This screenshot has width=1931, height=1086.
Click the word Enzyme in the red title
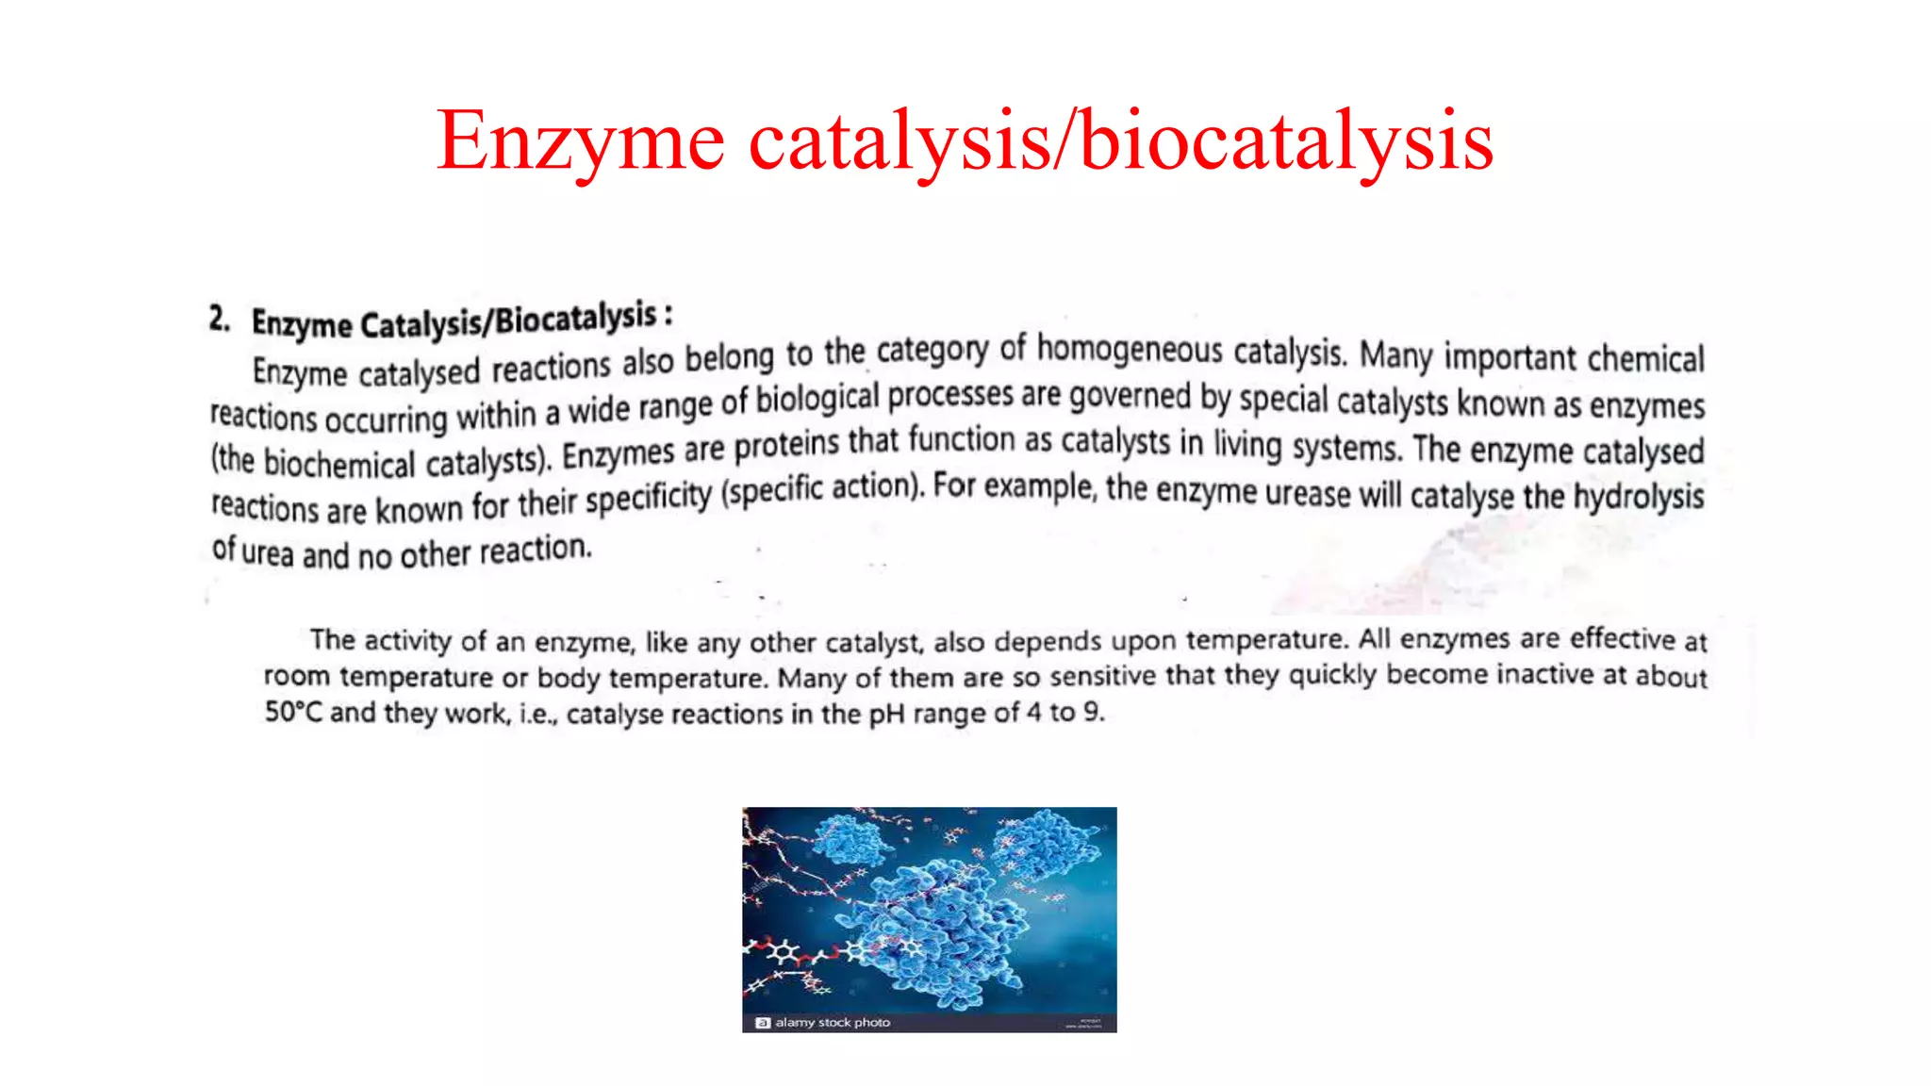coord(580,141)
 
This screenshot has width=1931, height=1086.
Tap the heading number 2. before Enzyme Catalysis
coord(220,319)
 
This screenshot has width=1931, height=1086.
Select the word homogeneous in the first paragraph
coord(1130,350)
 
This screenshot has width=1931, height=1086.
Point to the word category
coord(932,351)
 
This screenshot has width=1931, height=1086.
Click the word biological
coord(817,399)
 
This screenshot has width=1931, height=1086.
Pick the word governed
coord(1130,396)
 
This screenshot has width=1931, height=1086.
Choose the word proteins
coord(786,446)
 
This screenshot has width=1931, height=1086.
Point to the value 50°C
coord(293,712)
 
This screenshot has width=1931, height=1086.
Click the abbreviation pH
coord(886,714)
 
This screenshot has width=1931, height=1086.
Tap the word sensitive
coord(1102,677)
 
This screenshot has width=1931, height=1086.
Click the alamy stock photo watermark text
coord(832,1022)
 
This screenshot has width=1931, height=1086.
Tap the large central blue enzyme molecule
coord(933,933)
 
